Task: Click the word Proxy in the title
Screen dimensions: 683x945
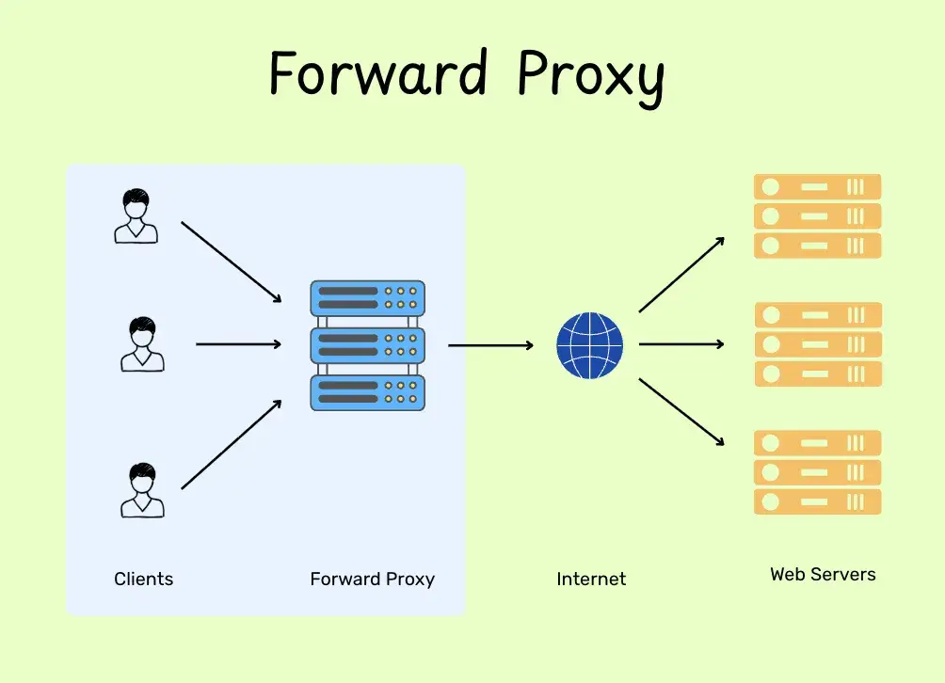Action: coord(591,75)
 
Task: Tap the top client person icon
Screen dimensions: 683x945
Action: coord(136,216)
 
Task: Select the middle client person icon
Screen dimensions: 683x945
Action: coord(142,344)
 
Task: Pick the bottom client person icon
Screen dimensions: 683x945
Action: coord(142,490)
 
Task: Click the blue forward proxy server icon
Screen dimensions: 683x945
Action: coord(367,345)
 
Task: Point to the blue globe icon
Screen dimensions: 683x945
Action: coord(590,345)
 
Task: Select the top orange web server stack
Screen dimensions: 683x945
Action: coord(817,216)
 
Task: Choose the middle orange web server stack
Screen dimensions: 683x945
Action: coord(817,344)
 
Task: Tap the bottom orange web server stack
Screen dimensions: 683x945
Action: coord(817,472)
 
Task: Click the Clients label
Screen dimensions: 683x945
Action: coord(144,579)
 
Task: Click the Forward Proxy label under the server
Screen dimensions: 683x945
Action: coord(372,579)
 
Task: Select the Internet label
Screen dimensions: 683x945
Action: coord(591,580)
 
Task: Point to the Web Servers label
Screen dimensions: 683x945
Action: coord(823,574)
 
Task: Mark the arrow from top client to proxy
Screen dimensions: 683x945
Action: coord(232,262)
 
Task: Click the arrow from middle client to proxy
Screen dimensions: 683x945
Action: coord(238,344)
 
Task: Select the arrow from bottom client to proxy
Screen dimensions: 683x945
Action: coord(232,444)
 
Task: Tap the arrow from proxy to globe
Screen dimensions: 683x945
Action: coord(490,345)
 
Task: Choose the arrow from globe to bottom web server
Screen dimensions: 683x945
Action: coord(681,412)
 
